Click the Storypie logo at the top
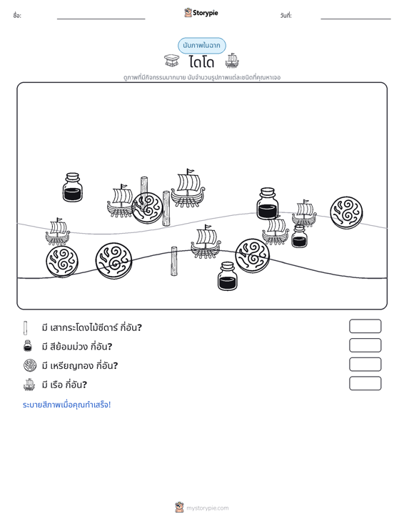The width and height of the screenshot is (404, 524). click(x=201, y=13)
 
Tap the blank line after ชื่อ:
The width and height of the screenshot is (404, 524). click(x=101, y=19)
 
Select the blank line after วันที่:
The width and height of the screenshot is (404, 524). click(x=355, y=19)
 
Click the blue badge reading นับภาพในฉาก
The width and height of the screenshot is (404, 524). click(x=201, y=46)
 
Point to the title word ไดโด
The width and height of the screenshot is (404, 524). click(x=201, y=62)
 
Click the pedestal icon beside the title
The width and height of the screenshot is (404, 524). click(x=172, y=61)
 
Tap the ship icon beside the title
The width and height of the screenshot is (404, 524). click(x=232, y=61)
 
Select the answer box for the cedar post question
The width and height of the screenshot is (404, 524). click(x=365, y=326)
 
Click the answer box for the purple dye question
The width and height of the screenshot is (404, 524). click(x=365, y=345)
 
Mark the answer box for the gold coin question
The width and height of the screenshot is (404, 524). click(x=365, y=365)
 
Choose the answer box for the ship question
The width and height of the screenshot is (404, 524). click(x=365, y=383)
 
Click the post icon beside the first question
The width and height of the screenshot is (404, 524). click(x=26, y=328)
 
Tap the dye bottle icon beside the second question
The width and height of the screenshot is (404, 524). click(x=28, y=346)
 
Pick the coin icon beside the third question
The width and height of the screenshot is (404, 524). click(x=30, y=365)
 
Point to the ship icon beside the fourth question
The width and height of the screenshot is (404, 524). click(x=29, y=385)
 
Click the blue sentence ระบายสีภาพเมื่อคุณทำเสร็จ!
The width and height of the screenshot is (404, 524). click(x=66, y=405)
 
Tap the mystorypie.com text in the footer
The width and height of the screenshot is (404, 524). click(x=208, y=508)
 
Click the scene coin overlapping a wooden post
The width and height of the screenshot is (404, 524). click(x=147, y=208)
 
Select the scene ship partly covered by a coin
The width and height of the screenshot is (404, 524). click(x=121, y=200)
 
